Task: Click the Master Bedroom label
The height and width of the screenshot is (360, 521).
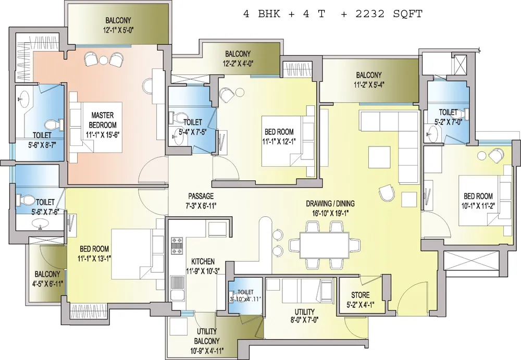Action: coord(103,120)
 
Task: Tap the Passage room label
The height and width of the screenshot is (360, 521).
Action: coord(201,196)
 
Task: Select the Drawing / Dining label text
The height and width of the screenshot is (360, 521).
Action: coord(330,203)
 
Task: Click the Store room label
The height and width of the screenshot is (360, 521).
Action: coord(361,295)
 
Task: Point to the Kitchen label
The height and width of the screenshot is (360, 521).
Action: coord(203,262)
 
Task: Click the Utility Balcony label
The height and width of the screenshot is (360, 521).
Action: coord(207,336)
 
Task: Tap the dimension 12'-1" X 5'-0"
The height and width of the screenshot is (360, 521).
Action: coord(118,30)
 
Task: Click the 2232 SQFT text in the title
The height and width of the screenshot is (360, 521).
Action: coord(389,14)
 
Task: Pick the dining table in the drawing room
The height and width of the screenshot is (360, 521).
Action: coord(324,245)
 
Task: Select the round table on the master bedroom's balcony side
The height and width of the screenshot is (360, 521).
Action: coord(104,60)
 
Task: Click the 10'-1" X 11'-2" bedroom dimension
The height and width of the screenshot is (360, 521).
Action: coord(478,206)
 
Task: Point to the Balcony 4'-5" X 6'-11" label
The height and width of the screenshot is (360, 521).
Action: coord(47,279)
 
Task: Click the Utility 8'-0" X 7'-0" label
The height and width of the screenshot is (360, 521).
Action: coord(305,316)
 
